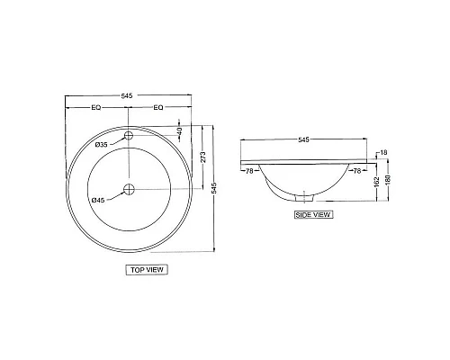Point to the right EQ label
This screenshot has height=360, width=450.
(158, 109)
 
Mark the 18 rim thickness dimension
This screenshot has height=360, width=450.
(383, 153)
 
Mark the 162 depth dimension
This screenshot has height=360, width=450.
(374, 182)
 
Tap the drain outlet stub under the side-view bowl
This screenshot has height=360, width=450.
(304, 198)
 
